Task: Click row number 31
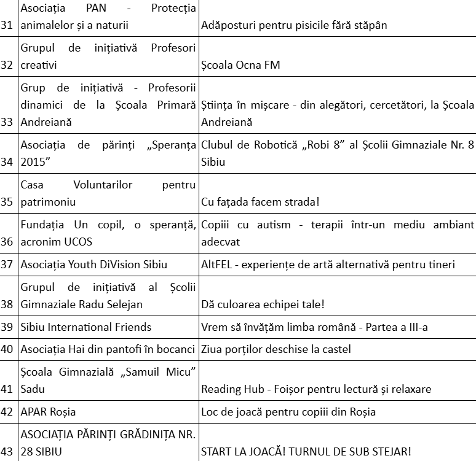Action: tap(7, 25)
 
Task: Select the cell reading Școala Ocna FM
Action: tap(240, 64)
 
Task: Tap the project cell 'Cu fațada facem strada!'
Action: tap(262, 201)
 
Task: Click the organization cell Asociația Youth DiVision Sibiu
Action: tap(85, 265)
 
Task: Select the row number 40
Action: tap(7, 350)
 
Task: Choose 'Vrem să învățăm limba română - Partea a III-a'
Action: tap(314, 327)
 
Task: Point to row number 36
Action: tap(7, 241)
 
